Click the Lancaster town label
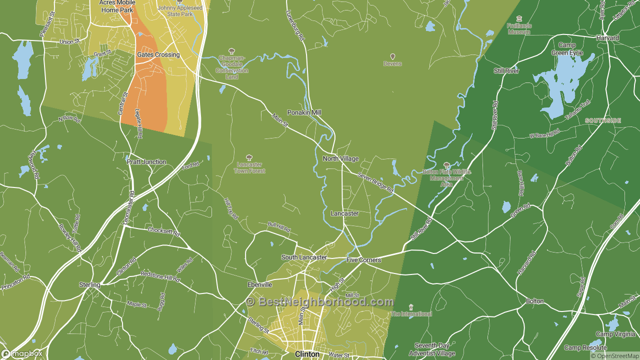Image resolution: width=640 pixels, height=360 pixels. tap(344, 213)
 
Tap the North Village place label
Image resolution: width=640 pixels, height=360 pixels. tap(340, 158)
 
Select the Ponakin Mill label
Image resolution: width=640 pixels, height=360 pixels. tap(304, 112)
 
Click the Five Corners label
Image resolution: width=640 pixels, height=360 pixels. tap(363, 260)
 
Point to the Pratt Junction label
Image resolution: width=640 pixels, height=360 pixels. tap(146, 162)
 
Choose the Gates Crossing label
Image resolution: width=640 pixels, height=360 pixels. tap(158, 54)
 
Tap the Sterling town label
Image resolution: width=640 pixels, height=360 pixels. tap(89, 284)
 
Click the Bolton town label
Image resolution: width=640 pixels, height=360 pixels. tap(534, 301)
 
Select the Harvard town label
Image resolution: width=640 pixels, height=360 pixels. tap(607, 37)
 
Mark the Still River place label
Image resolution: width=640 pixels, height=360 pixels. tap(506, 71)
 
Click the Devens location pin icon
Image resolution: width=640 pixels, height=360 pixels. tap(392, 56)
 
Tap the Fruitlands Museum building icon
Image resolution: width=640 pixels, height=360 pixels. tap(519, 18)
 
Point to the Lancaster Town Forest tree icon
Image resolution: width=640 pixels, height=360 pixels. tap(249, 157)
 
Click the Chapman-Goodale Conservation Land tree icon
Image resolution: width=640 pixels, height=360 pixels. tap(231, 50)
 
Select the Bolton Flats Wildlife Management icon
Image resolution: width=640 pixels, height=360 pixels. tap(446, 165)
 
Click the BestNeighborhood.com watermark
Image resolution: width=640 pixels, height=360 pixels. tap(320, 301)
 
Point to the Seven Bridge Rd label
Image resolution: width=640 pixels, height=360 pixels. tap(375, 183)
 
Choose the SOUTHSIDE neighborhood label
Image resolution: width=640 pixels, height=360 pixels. tap(603, 120)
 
